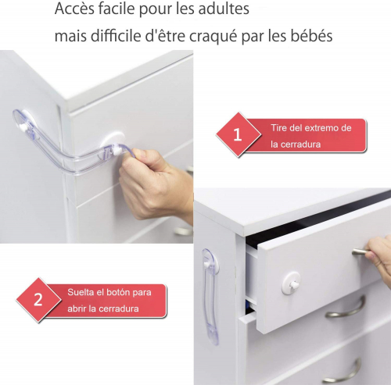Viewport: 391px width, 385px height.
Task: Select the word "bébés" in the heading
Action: [311, 35]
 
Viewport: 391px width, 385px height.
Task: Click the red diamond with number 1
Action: [239, 134]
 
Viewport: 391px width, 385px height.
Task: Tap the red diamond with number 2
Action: [38, 300]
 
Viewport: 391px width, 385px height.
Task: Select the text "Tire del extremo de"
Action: [311, 128]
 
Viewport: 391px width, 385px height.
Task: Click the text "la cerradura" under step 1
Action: [296, 144]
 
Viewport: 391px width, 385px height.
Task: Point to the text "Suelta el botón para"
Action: [109, 292]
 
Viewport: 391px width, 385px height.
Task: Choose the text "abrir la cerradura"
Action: [103, 308]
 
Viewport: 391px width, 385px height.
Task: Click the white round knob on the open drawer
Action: [291, 283]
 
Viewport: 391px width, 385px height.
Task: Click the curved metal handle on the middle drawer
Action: [346, 308]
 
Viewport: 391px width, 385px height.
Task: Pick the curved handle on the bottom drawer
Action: [342, 372]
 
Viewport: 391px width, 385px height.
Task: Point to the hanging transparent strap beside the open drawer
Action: [210, 297]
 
